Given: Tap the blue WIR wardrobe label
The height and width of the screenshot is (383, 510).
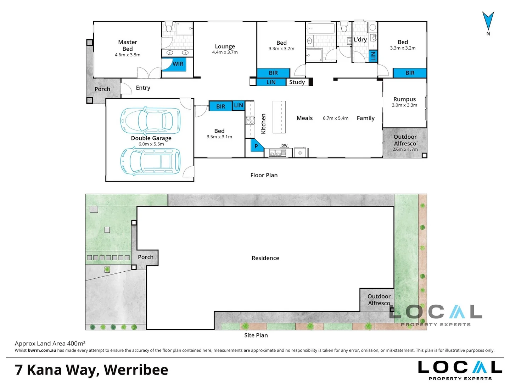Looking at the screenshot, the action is click(x=178, y=64).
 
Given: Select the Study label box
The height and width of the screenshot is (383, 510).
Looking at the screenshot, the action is click(x=297, y=82).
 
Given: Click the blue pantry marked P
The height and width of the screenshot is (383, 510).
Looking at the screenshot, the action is click(x=257, y=145).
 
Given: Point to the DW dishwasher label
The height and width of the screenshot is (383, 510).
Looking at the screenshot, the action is click(x=284, y=145).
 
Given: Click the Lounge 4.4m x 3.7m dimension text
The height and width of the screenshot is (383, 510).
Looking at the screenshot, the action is click(x=225, y=52).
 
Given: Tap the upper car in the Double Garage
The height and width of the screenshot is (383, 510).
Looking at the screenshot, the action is click(x=150, y=121).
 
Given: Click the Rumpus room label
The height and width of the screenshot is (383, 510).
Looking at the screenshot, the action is click(x=404, y=99).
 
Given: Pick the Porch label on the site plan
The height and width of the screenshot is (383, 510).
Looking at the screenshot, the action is click(x=145, y=257).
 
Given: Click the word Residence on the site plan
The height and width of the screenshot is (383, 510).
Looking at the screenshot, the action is click(x=265, y=258).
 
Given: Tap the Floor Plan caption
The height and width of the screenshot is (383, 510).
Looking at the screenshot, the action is click(x=264, y=175).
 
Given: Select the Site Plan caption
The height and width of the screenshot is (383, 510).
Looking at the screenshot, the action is click(x=256, y=335).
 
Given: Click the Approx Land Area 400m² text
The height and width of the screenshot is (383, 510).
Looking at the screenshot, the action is click(x=50, y=344).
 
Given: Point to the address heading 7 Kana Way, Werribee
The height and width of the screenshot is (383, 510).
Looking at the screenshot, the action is click(x=91, y=370).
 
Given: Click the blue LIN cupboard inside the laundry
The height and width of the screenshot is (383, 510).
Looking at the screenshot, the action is click(x=373, y=56).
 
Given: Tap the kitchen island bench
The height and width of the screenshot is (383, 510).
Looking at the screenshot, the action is click(x=279, y=117).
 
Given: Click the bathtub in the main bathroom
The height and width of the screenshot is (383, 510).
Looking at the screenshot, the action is click(x=321, y=28).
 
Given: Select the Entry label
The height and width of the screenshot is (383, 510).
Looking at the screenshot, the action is click(x=143, y=88).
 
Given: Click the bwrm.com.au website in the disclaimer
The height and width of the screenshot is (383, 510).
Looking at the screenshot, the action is click(x=42, y=350).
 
